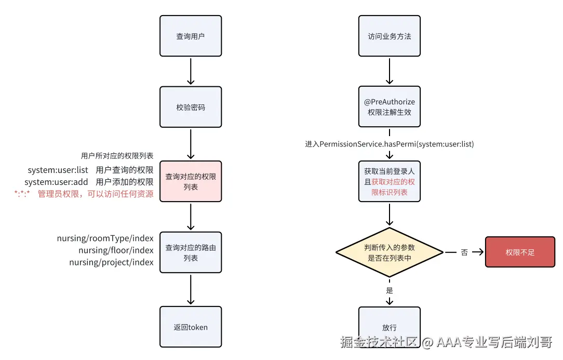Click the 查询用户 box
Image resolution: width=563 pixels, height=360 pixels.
pos(191,36)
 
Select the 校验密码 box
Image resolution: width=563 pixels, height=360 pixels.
pos(191,106)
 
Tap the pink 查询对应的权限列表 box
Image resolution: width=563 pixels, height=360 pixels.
pos(191,181)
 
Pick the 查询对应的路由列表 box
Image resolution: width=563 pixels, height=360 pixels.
pos(191,252)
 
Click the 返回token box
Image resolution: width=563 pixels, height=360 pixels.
pos(191,327)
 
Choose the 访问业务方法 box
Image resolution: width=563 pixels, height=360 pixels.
pos(389,36)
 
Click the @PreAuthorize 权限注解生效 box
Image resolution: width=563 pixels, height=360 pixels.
pos(389,106)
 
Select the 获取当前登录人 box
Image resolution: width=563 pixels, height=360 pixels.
pos(389,181)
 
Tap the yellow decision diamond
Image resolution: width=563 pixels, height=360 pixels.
pos(389,252)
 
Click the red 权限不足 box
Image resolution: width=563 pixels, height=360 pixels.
pos(520,252)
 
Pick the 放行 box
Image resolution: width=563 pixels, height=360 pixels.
pos(389,326)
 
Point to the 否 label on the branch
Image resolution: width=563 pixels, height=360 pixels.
pos(464,252)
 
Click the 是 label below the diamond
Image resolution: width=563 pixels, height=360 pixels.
pos(390,290)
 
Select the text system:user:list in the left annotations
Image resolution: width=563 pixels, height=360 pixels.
pos(58,170)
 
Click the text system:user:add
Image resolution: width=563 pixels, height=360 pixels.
pos(56,182)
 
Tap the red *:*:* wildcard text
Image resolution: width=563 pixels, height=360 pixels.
pos(22,194)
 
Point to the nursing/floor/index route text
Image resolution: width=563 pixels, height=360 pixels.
pos(116,250)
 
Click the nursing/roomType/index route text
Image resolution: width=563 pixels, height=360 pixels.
pos(105,238)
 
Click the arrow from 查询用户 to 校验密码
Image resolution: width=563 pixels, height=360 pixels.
pos(191,71)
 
